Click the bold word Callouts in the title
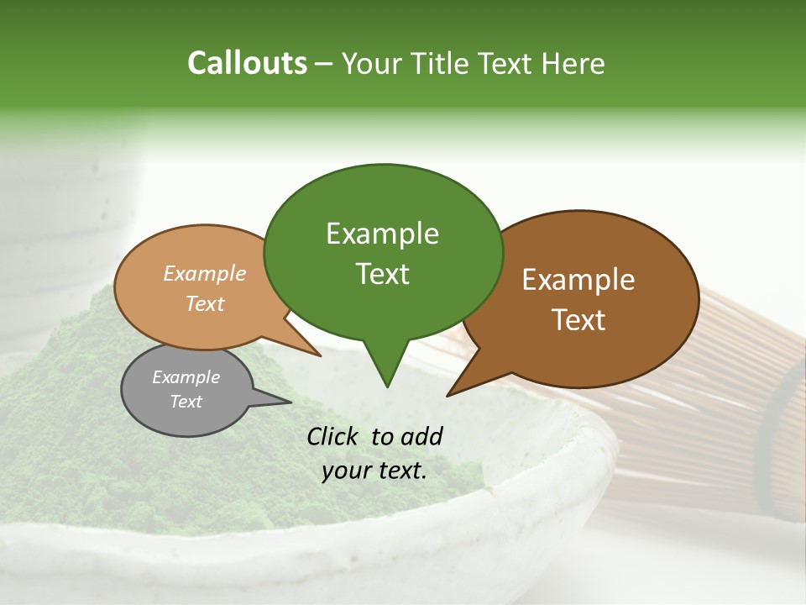[x=247, y=63]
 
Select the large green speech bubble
[x=383, y=252]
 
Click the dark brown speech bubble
[x=588, y=298]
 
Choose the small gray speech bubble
[x=186, y=391]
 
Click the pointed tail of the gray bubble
[x=290, y=401]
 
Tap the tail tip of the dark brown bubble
[x=448, y=395]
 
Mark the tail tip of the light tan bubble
[x=320, y=355]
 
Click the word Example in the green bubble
[x=382, y=234]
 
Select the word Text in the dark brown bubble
[x=578, y=320]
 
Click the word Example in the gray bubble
[x=186, y=377]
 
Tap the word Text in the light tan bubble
[x=205, y=304]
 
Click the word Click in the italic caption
[x=333, y=436]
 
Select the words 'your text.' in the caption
[x=374, y=471]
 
